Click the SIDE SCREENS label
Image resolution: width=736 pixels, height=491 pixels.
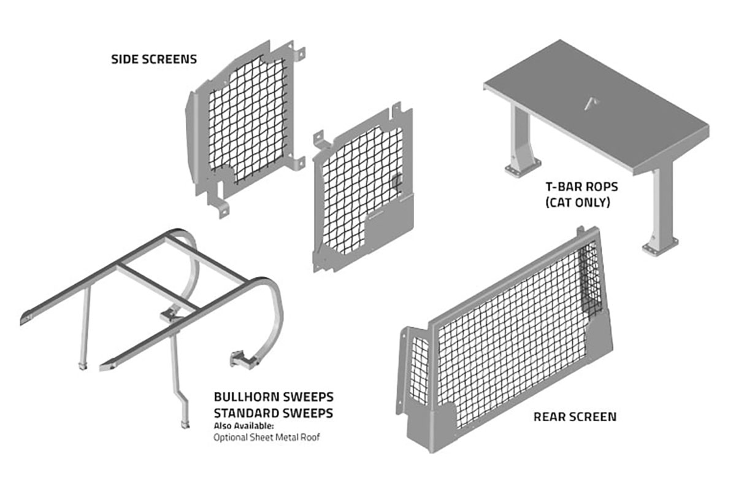154,60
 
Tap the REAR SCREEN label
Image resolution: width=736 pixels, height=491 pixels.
575,417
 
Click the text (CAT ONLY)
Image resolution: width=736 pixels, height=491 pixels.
577,202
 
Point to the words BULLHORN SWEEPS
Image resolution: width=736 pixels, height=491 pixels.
274,397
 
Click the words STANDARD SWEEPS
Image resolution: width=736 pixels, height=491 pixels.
274,413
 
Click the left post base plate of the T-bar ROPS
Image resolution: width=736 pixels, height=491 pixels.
523,167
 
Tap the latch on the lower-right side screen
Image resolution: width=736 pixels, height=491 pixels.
396,182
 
